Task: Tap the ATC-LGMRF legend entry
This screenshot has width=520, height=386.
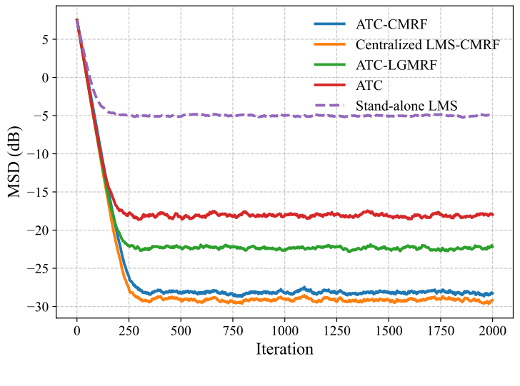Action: (x=396, y=65)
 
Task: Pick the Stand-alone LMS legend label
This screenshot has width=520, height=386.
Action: (x=406, y=106)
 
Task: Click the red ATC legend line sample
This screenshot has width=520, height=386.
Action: (x=330, y=86)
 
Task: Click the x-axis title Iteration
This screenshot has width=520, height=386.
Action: (x=284, y=349)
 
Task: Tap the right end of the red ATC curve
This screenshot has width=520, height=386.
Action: (x=492, y=214)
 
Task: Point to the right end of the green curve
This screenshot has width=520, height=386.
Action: (x=492, y=246)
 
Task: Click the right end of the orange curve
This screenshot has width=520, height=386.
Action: (x=492, y=301)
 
